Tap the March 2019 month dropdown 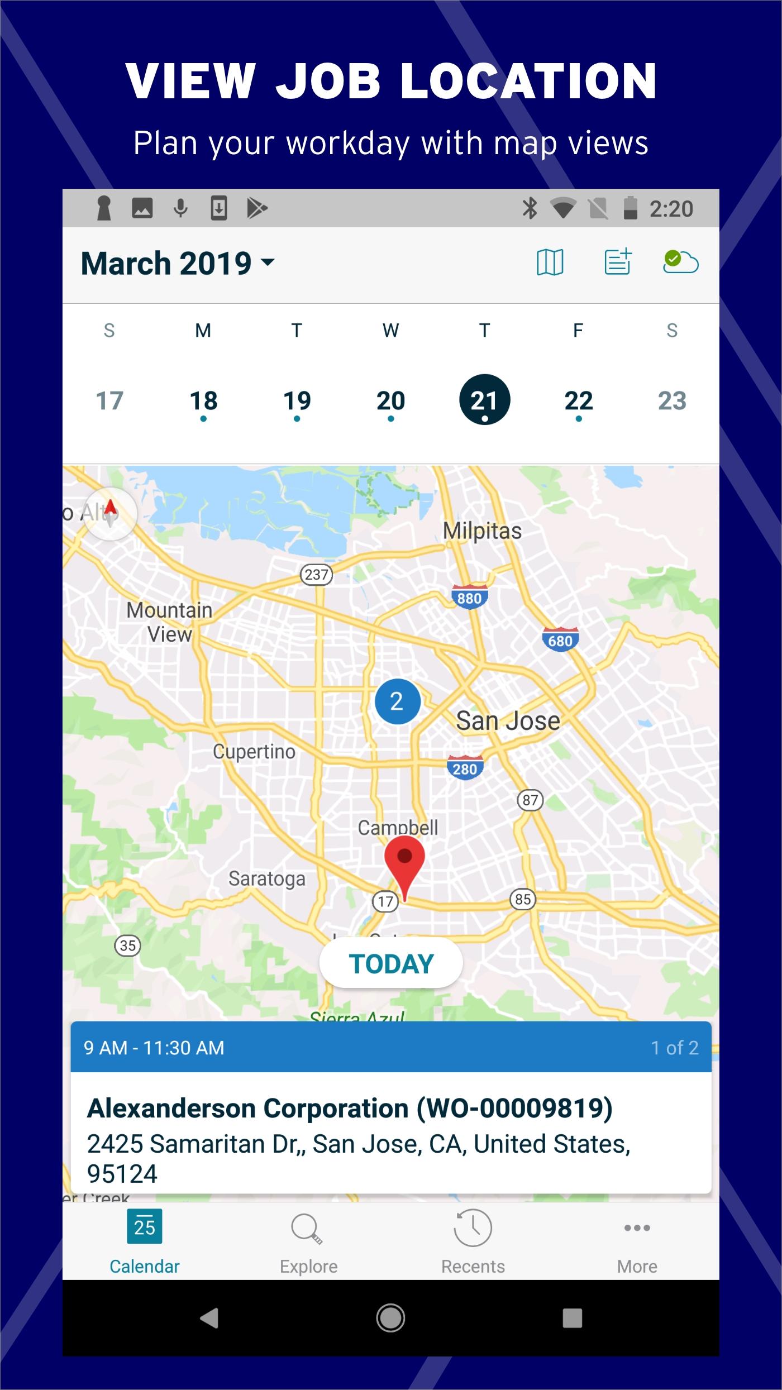coord(178,264)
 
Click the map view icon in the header coord(550,262)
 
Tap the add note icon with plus coord(618,261)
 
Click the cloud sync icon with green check coord(680,261)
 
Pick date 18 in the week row coord(203,402)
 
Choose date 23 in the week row coord(672,401)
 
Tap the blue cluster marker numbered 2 coord(397,701)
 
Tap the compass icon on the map coord(110,513)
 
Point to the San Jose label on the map coord(508,721)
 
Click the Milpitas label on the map coord(482,531)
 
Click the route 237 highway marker coord(316,574)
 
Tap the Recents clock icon coord(473,1229)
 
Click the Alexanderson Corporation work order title coord(350,1109)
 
